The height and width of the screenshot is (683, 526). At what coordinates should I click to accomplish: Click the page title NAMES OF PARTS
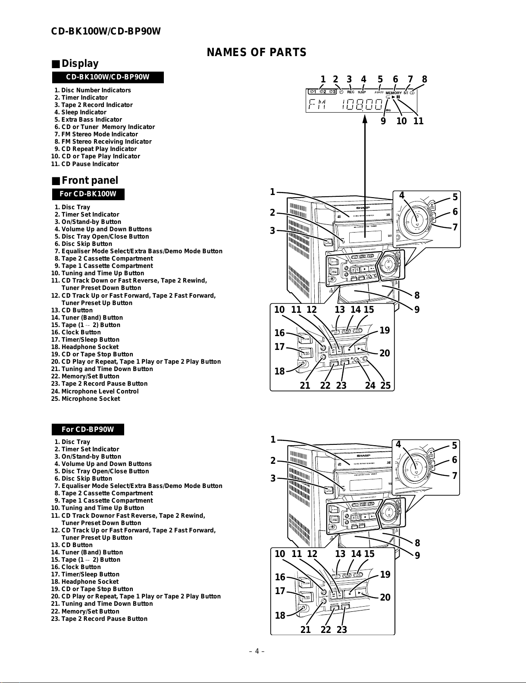[257, 53]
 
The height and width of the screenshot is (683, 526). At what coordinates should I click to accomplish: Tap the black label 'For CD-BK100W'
[88, 194]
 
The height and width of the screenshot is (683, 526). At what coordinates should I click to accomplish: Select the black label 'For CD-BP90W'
[88, 429]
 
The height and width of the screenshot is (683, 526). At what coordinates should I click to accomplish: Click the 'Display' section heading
[80, 64]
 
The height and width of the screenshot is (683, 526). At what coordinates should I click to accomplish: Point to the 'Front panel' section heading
[89, 180]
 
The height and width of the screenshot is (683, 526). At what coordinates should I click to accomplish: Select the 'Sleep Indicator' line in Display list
[83, 112]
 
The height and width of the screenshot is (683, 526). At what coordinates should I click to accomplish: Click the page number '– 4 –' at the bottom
[256, 651]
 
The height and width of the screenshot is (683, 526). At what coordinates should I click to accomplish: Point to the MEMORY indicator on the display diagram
[393, 93]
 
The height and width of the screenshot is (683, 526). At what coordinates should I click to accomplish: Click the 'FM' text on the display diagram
[317, 104]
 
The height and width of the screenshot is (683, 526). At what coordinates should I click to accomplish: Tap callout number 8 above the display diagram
[425, 79]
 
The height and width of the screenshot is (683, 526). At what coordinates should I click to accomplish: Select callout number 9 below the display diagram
[383, 121]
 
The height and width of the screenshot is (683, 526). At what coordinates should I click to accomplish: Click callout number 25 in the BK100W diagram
[385, 385]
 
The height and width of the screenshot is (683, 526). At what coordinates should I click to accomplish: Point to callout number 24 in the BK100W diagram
[370, 385]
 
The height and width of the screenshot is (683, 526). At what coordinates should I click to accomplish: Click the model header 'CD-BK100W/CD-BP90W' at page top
[106, 31]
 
